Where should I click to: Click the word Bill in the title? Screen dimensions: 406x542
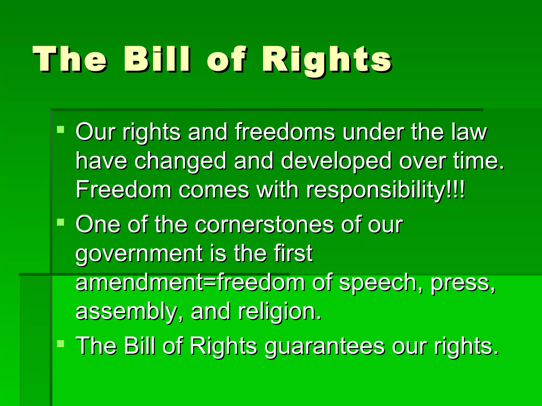point(157,59)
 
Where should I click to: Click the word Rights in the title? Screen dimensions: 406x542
point(327,60)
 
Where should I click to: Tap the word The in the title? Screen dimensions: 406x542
point(70,59)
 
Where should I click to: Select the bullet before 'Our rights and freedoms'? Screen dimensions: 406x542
point(61,130)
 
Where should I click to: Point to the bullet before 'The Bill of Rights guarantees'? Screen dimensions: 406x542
point(61,344)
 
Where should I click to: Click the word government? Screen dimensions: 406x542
point(139,254)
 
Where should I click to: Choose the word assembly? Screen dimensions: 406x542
point(126,312)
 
